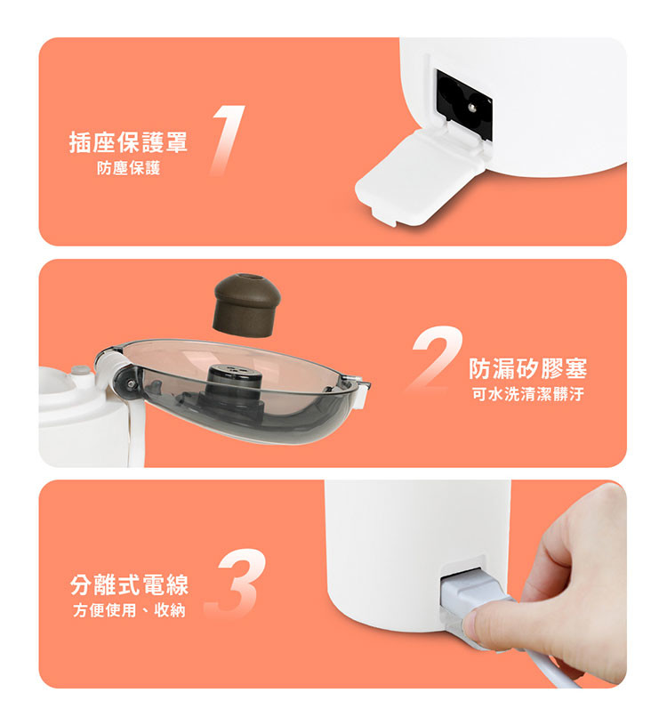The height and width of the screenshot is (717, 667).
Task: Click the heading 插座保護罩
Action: coord(128,142)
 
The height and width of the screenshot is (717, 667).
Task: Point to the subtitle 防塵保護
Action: coord(128,168)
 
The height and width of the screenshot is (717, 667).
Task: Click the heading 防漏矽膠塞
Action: coord(528,368)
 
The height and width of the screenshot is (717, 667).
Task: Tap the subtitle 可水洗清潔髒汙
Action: coord(528,394)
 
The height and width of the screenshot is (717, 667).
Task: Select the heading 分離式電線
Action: coord(129,584)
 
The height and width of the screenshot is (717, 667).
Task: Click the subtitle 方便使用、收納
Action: coord(129,610)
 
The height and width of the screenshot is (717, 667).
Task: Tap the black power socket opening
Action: coord(464,104)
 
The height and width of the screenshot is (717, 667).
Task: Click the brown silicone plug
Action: coord(246,305)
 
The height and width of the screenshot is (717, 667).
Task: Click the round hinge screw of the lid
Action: coord(133,383)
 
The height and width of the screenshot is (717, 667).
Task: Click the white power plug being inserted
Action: coord(470,594)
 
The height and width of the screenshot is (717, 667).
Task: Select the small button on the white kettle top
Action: coord(80,370)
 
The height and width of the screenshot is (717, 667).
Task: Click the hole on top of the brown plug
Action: coord(247,278)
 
